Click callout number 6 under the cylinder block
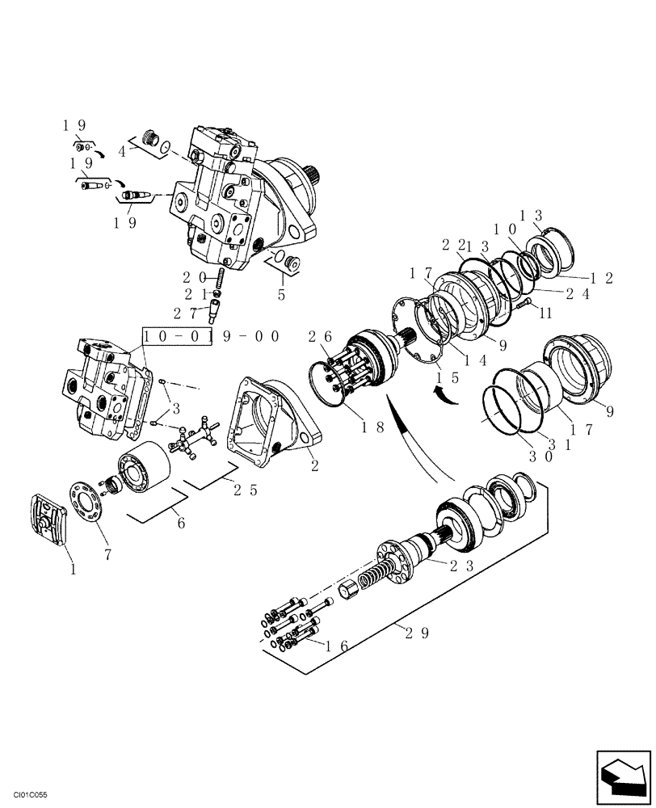coord(181,524)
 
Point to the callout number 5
coord(281,295)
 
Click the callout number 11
coord(545,311)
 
